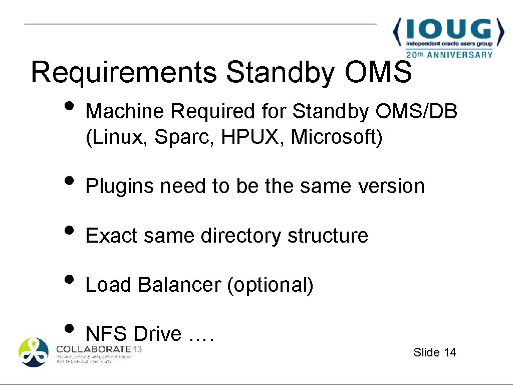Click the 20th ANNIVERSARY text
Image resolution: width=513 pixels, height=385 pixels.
pos(449,55)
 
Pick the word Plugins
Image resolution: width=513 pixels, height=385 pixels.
pos(120,186)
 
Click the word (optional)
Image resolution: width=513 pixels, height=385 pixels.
pos(270,285)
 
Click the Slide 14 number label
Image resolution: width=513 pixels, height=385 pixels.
pos(435,352)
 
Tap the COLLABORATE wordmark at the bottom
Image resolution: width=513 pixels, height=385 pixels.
pos(94,349)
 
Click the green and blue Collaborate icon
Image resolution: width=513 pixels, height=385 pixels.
pos(34,352)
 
